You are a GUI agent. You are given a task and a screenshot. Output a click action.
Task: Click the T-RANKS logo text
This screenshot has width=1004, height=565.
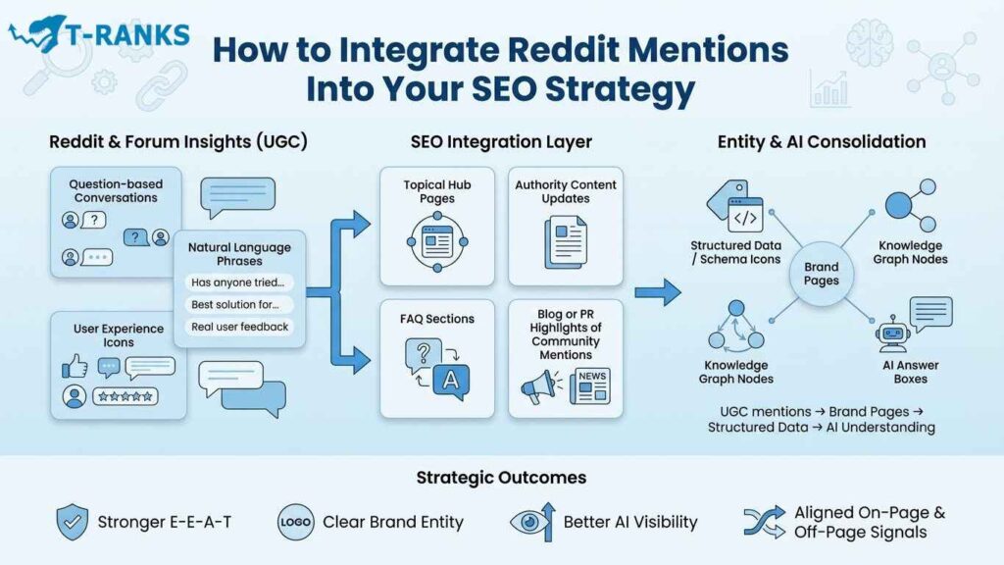pos(125,34)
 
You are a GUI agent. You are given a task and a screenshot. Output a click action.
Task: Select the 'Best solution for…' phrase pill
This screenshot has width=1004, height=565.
pos(235,304)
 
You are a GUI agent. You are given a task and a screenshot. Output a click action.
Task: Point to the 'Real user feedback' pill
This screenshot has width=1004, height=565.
pos(240,326)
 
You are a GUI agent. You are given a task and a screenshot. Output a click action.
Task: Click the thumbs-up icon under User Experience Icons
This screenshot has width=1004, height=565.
pos(75,366)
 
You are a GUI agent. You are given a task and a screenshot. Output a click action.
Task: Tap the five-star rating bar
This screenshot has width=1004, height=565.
pos(125,396)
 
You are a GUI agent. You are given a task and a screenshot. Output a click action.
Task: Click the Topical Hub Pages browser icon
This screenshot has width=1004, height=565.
pos(436,241)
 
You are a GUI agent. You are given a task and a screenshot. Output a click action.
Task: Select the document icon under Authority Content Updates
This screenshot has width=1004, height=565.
pos(566,240)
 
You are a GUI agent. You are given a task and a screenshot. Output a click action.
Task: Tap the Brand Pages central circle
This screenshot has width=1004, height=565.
pos(821,274)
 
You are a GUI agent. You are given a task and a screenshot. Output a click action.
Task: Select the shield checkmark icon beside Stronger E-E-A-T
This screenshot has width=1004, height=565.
pos(73,521)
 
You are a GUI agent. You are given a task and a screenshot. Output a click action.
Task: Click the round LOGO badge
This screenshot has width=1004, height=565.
pos(296,522)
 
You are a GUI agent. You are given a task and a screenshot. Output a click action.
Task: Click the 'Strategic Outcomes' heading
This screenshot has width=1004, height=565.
pos(501,478)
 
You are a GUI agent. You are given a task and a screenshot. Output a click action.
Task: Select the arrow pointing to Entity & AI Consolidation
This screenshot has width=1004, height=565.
pos(658,291)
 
